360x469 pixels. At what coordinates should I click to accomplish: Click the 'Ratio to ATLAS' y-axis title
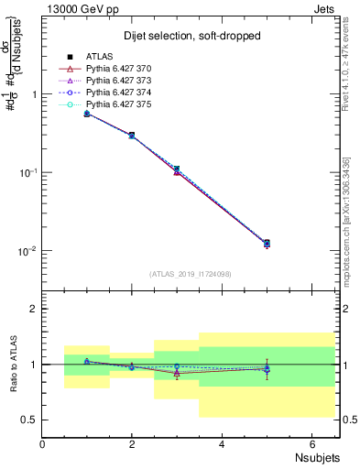[x=12, y=365]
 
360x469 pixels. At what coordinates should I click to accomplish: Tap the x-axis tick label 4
[x=223, y=444]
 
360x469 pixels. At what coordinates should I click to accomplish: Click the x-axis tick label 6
[x=311, y=444]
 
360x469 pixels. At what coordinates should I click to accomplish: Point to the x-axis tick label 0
[x=43, y=444]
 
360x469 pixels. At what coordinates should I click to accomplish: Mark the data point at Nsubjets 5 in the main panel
[x=267, y=244]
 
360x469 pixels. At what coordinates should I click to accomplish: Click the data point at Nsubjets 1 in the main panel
[x=87, y=114]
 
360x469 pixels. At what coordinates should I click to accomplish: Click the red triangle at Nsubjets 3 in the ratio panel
[x=177, y=373]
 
